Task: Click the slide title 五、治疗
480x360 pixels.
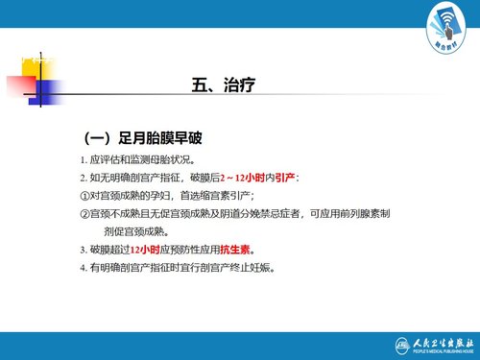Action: (x=223, y=86)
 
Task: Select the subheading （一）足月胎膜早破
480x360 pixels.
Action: (x=146, y=138)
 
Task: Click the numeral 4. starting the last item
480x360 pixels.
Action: (x=84, y=267)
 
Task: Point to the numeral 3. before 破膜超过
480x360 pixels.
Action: (x=84, y=249)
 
